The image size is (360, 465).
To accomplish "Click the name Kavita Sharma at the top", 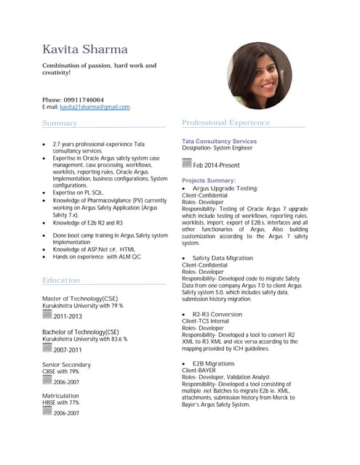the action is tap(85, 49).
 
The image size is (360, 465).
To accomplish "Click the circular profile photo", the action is tap(259, 75).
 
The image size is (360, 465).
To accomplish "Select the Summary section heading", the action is tap(60, 124).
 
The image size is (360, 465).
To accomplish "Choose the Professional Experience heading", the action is tap(225, 123).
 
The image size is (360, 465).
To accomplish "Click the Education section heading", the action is tap(61, 280).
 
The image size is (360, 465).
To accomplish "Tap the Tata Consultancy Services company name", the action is tap(219, 141).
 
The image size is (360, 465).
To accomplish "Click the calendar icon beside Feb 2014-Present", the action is tap(187, 164).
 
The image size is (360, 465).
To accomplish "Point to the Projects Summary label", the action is tap(209, 180).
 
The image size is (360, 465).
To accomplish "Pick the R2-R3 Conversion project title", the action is tap(217, 314).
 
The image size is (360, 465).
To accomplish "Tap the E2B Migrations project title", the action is tap(214, 363).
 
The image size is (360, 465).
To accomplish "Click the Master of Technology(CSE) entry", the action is tap(80, 299).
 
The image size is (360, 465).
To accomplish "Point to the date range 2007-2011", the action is tap(68, 349).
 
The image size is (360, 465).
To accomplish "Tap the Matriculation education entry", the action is tap(60, 396).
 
